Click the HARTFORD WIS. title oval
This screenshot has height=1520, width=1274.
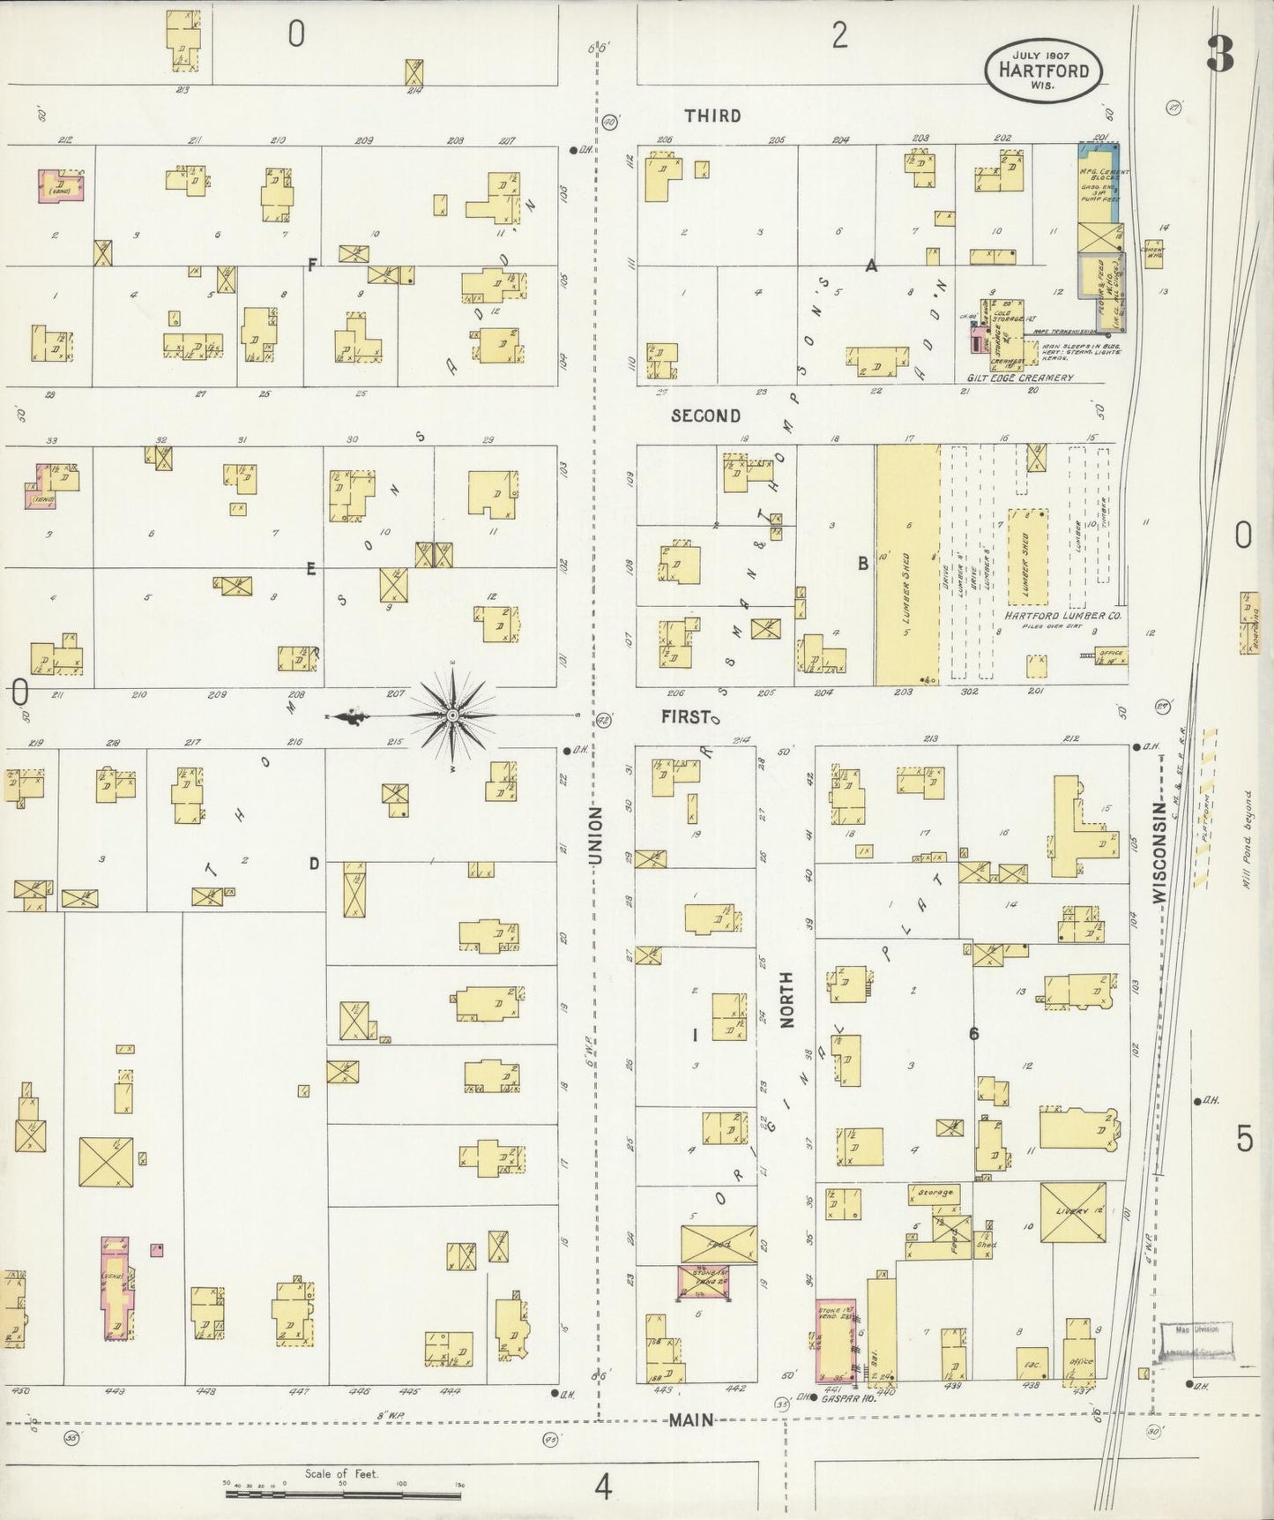click(x=1043, y=70)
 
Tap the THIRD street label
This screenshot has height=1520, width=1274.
click(x=712, y=116)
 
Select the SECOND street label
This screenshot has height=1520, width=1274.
click(x=705, y=416)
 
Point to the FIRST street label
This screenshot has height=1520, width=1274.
click(x=686, y=717)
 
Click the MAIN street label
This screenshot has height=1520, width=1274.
click(x=690, y=1420)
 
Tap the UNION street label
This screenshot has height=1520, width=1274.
click(x=596, y=835)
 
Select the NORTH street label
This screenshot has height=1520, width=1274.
click(x=786, y=999)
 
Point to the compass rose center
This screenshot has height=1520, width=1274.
click(x=452, y=715)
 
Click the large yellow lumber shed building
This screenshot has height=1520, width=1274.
click(x=907, y=565)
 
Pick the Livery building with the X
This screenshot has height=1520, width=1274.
click(x=1073, y=1214)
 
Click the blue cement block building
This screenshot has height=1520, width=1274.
click(x=1098, y=183)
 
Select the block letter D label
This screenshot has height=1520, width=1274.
click(x=313, y=864)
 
